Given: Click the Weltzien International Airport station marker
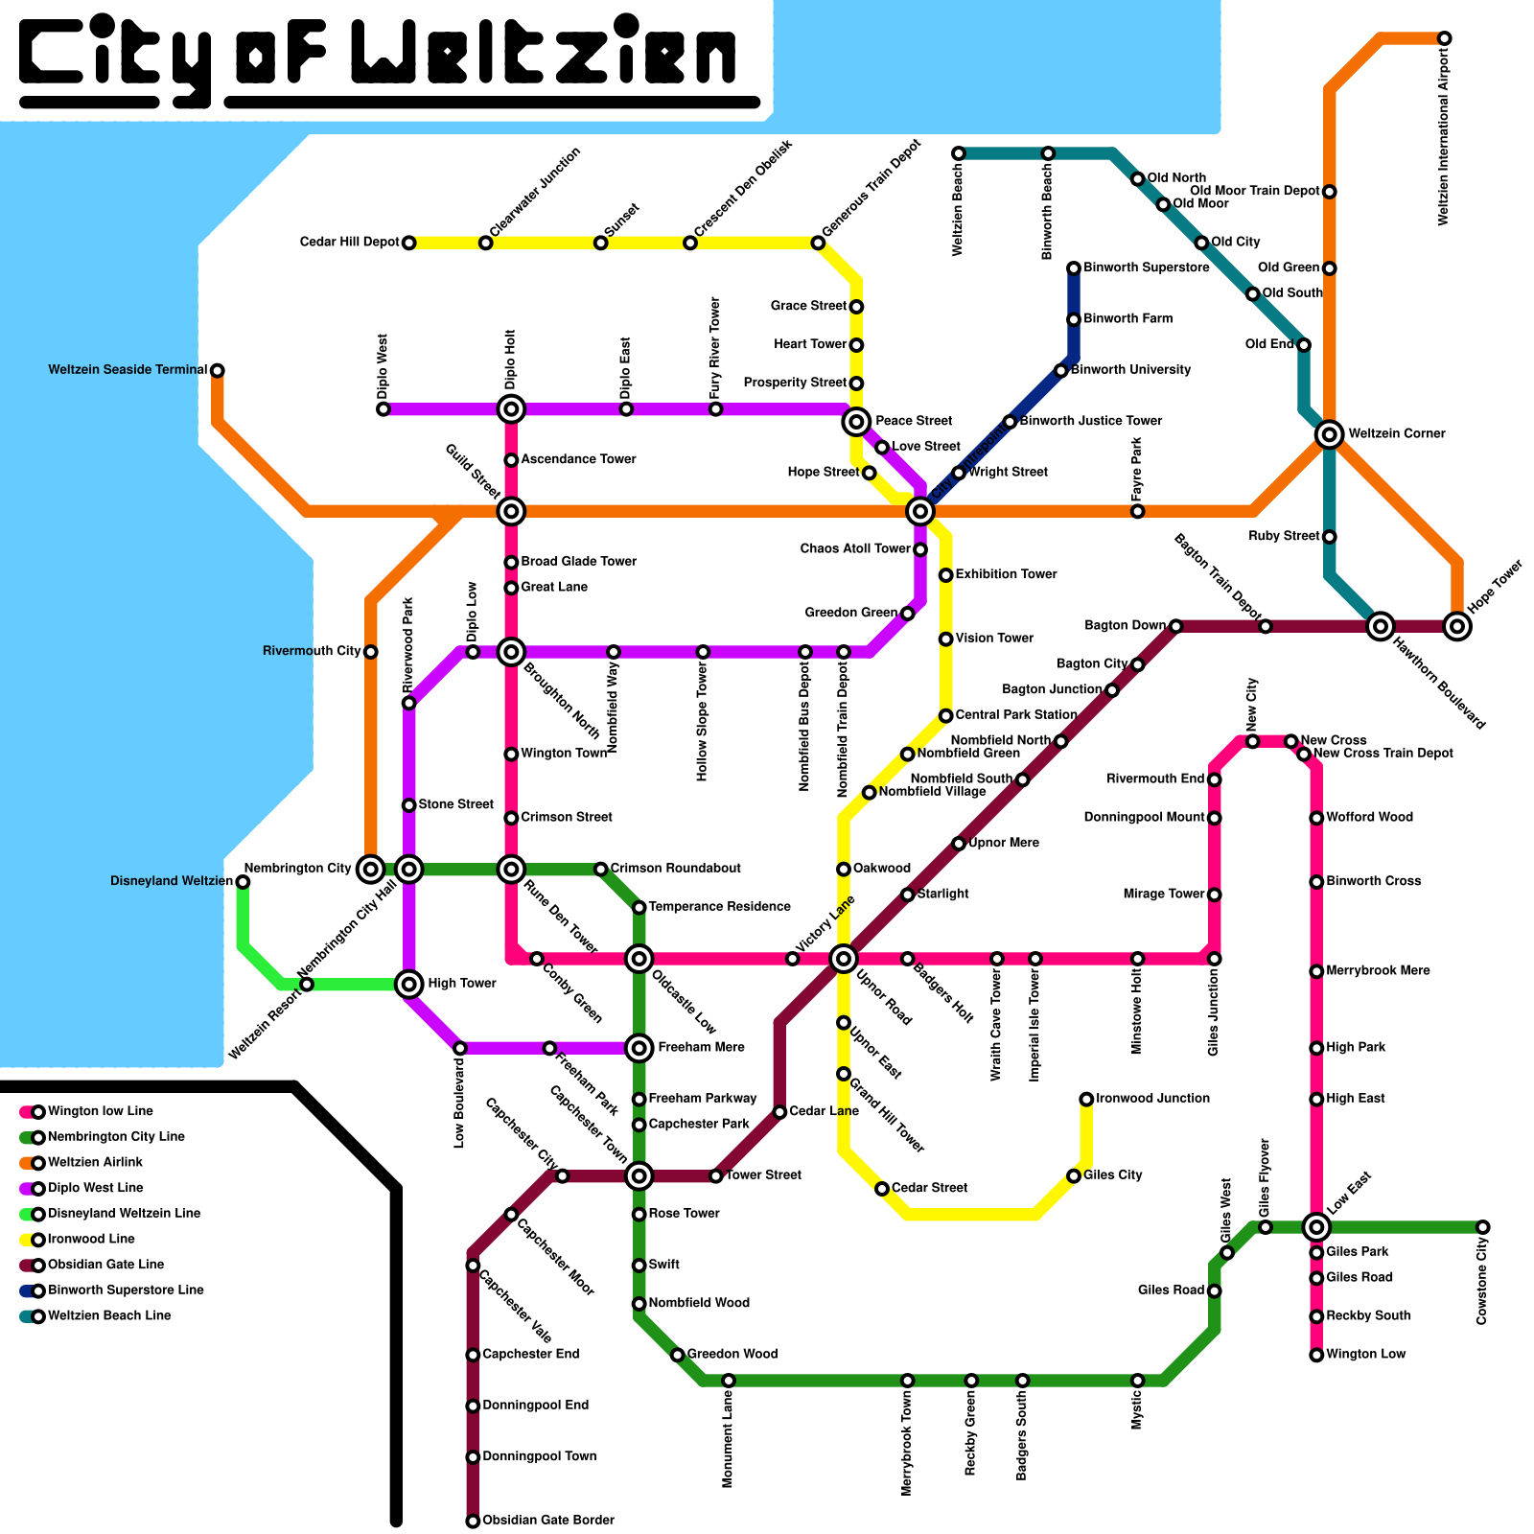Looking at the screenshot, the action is [1444, 38].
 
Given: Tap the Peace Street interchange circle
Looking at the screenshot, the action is [856, 421].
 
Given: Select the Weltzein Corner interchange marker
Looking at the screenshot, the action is [1329, 434].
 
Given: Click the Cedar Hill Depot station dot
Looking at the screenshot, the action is [408, 243].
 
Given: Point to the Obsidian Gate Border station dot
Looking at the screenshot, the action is [473, 1521].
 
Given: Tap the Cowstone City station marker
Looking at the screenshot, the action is [1482, 1227].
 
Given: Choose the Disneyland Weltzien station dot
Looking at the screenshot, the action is [243, 882].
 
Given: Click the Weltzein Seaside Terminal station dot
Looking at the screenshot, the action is [218, 370].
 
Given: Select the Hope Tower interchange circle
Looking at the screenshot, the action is [1457, 627].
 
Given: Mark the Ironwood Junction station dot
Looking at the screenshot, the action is [1086, 1099].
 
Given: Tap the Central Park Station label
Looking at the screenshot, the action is [1016, 715].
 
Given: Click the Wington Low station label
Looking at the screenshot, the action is [1365, 1355].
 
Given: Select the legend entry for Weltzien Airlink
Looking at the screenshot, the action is [95, 1163].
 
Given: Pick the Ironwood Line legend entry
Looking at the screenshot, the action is [91, 1240].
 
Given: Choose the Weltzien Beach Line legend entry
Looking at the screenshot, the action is [108, 1316].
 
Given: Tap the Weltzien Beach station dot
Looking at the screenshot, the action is [959, 153].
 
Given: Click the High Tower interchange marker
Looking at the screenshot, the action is [409, 984].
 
